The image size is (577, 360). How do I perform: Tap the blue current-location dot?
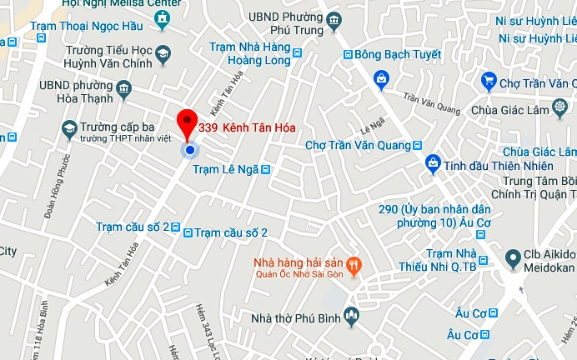[x=190, y=150]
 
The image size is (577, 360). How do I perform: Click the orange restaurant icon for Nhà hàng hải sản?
[x=354, y=266]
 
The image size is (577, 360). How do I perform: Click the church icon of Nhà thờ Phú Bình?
[x=351, y=317]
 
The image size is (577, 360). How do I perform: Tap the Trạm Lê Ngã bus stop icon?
[x=265, y=170]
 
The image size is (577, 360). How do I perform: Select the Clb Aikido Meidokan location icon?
[x=514, y=256]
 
